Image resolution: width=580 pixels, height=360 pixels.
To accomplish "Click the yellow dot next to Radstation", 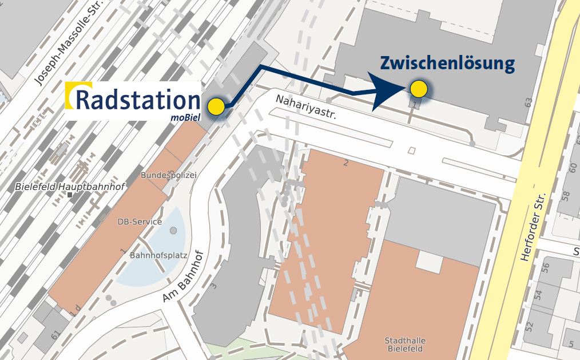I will pyautogui.click(x=216, y=107).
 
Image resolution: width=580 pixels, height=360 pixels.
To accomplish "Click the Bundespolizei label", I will pyautogui.click(x=168, y=175).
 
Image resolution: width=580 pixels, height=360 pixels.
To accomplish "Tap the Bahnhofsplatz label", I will pyautogui.click(x=158, y=255).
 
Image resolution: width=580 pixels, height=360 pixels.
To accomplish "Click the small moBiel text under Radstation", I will pyautogui.click(x=184, y=118).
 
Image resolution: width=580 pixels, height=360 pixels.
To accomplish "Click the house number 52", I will pyautogui.click(x=529, y=327).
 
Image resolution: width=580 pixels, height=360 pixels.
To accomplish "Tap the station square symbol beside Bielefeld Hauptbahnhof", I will pyautogui.click(x=70, y=195).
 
